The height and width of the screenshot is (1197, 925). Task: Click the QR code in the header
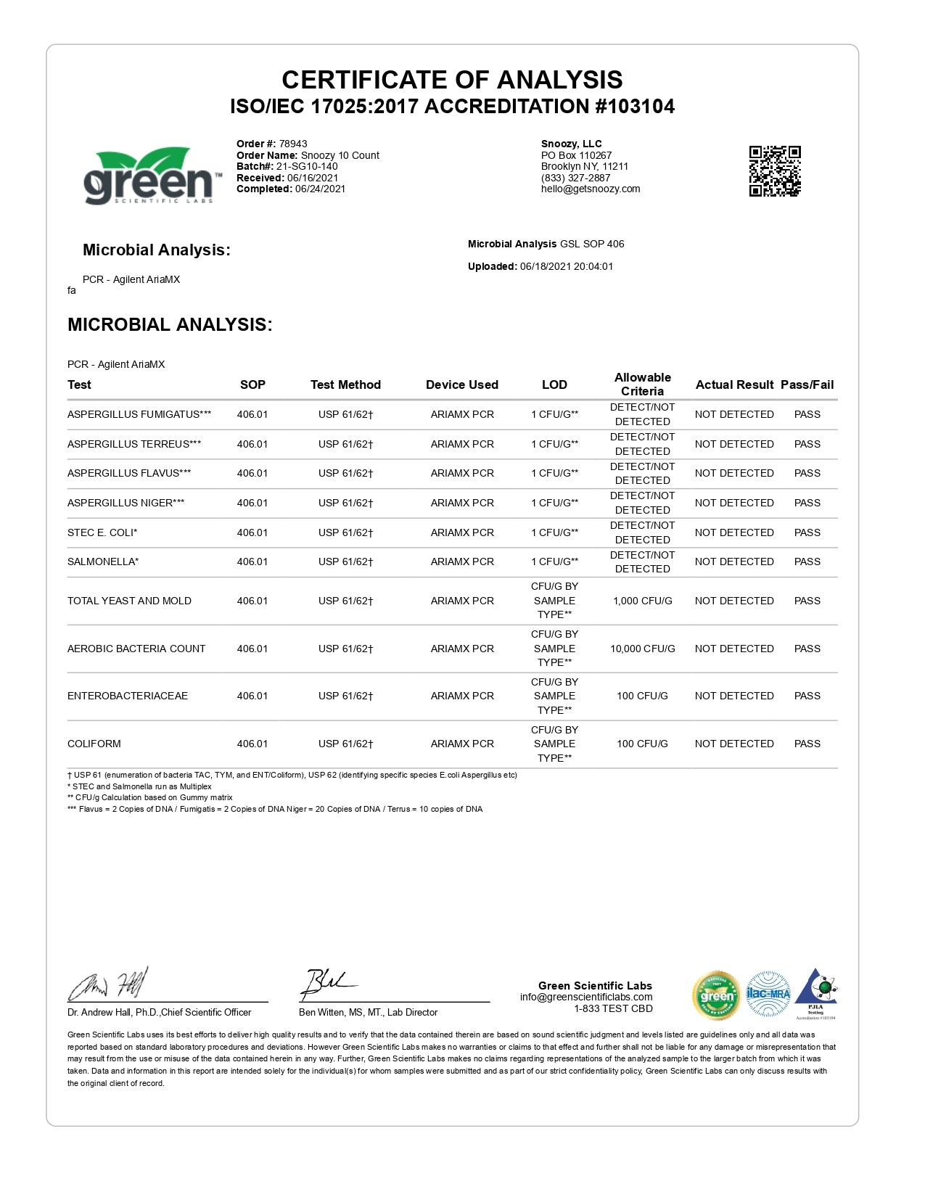(x=775, y=171)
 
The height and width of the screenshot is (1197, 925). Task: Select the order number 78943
(x=293, y=144)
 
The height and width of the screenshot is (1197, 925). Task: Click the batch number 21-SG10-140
(x=307, y=166)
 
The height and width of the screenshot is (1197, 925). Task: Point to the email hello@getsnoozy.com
(x=591, y=189)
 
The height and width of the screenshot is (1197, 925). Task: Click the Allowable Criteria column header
(x=642, y=384)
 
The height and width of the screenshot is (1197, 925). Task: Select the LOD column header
(x=554, y=384)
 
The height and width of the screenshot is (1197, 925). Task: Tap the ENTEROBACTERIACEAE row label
(x=128, y=696)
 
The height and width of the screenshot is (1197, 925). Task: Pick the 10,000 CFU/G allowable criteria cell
(x=642, y=649)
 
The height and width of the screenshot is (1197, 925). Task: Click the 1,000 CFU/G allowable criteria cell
(x=642, y=601)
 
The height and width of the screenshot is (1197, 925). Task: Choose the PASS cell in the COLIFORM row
(x=807, y=744)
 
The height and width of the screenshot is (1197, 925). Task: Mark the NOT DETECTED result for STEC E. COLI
(x=734, y=532)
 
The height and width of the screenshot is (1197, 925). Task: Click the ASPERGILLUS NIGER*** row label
(x=126, y=503)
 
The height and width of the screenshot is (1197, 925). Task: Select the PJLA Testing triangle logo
(x=816, y=992)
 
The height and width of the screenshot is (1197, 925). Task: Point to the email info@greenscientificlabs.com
(x=586, y=997)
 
